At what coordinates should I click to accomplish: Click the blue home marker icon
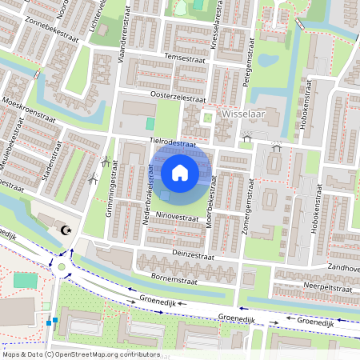tap(180, 172)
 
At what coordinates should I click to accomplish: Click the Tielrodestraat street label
tap(173, 141)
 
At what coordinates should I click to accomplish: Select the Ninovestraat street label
tap(177, 216)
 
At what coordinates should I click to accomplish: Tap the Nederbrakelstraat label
tap(150, 193)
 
